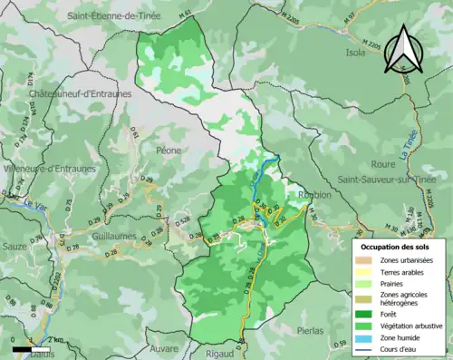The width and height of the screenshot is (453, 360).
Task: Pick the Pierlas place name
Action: (311, 331)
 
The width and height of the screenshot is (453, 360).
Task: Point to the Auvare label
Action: (164, 348)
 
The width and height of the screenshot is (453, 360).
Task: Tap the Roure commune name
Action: (359, 165)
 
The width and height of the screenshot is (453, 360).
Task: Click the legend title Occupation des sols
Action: (398, 246)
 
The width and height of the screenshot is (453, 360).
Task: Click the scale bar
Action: (32, 347)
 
